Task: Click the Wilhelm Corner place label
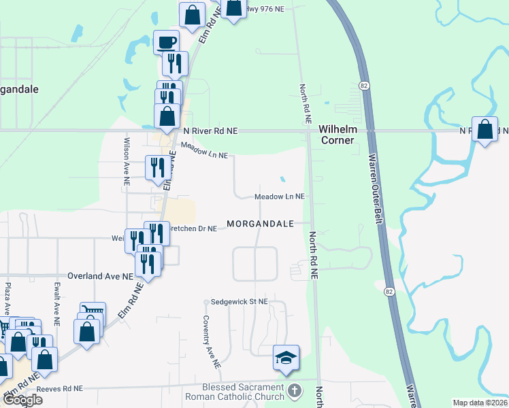tap(337, 134)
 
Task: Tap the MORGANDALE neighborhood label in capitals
tap(260, 224)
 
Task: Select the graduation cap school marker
tap(286, 357)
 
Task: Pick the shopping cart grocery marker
tap(93, 313)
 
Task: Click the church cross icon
tap(294, 391)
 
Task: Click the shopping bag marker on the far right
tap(485, 130)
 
